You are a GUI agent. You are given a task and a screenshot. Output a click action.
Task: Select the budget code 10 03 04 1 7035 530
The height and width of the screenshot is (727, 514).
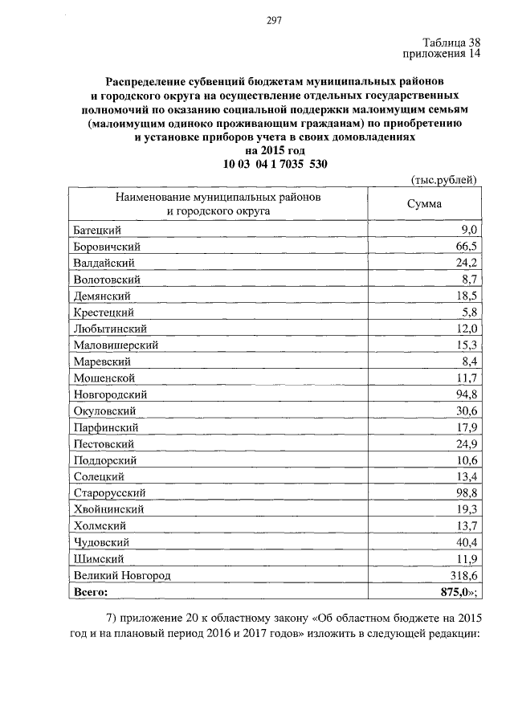point(275,164)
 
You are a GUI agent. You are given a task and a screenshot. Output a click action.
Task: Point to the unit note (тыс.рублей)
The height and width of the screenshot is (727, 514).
point(443,179)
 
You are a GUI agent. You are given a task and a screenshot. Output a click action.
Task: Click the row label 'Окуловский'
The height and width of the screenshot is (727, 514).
point(106,411)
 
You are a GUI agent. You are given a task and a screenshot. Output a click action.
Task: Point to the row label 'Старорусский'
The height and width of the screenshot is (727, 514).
point(111,493)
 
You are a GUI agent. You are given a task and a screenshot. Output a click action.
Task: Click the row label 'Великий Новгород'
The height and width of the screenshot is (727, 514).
point(122,575)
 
